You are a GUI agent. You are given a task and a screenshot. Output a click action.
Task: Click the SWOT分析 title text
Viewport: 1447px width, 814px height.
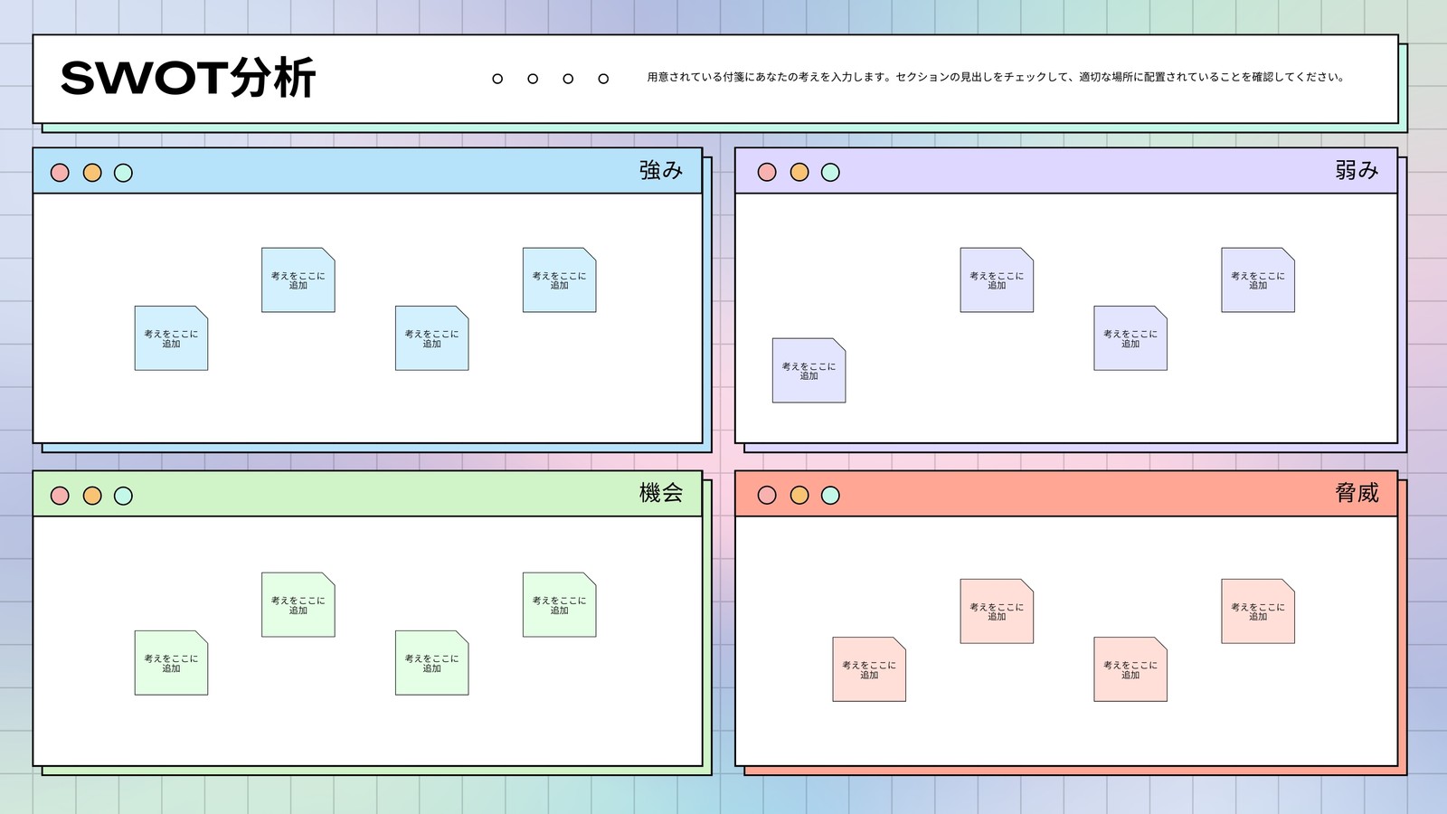pyautogui.click(x=188, y=78)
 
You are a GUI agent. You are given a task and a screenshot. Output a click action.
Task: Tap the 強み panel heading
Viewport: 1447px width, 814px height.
pyautogui.click(x=661, y=170)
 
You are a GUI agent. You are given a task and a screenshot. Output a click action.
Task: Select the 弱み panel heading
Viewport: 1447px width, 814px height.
pyautogui.click(x=1357, y=170)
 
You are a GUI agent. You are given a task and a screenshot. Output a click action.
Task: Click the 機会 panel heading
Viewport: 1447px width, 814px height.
pyautogui.click(x=661, y=493)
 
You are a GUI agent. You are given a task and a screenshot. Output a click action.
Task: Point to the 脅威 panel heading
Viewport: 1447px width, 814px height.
pyautogui.click(x=1357, y=493)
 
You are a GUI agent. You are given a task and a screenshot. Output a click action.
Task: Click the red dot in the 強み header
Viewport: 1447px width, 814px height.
pyautogui.click(x=60, y=173)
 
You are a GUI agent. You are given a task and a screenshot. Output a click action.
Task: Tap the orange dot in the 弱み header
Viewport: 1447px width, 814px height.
pyautogui.click(x=799, y=172)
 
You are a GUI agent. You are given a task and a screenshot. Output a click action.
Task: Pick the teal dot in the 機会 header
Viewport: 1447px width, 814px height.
pyautogui.click(x=123, y=496)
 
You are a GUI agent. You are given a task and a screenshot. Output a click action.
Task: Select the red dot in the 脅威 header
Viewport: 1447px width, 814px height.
pyautogui.click(x=767, y=495)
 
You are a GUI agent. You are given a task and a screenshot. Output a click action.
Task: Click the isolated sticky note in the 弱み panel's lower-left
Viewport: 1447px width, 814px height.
pyautogui.click(x=809, y=370)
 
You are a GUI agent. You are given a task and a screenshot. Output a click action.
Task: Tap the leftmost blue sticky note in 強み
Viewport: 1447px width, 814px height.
pyautogui.click(x=171, y=338)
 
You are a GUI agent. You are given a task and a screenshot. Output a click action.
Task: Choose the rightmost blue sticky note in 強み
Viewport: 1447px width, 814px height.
pyautogui.click(x=560, y=279)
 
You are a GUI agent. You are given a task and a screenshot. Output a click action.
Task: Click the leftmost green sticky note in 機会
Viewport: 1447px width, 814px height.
pyautogui.click(x=171, y=663)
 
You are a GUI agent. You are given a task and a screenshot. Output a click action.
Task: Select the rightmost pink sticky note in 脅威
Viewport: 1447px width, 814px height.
pyautogui.click(x=1258, y=611)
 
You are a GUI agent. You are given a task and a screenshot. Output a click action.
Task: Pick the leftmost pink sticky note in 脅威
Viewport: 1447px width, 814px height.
pyautogui.click(x=869, y=669)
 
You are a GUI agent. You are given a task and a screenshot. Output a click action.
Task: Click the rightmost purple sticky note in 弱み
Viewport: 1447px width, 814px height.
pyautogui.click(x=1258, y=279)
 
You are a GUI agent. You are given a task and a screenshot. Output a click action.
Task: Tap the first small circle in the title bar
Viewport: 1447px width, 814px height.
pyautogui.click(x=497, y=79)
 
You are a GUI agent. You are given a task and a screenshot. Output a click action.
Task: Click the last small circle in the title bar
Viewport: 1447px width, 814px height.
pyautogui.click(x=603, y=79)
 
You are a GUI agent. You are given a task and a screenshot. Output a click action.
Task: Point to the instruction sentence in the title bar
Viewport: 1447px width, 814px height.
pyautogui.click(x=996, y=77)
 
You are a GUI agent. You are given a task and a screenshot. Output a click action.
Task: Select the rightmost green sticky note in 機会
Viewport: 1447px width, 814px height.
pyautogui.click(x=560, y=605)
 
